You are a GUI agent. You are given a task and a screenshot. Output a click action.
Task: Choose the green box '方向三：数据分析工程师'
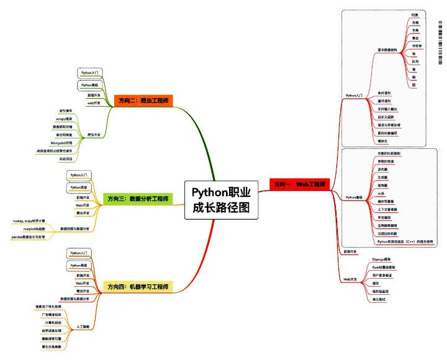pos(138,199)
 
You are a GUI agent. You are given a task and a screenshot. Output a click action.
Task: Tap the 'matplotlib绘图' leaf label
pos(36,229)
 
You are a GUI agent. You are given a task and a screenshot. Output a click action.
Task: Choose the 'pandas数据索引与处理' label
pos(30,237)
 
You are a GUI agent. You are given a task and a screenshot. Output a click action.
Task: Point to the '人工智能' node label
pos(83,326)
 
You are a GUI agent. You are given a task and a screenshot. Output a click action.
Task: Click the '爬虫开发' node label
pos(95,134)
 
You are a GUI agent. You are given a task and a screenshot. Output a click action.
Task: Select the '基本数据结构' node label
pos(388,50)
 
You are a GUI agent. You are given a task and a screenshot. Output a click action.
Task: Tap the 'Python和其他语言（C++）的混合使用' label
pos(404,241)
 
